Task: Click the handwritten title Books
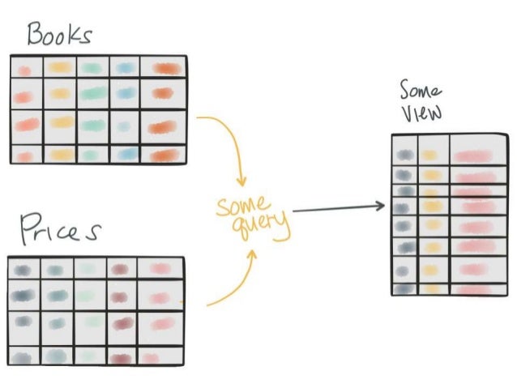tap(59, 34)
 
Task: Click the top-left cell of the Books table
tap(25, 70)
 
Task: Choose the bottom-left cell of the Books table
tap(25, 155)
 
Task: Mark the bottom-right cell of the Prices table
tap(160, 356)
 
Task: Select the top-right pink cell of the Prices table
tap(160, 268)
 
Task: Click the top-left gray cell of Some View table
tap(404, 151)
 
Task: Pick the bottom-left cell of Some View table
tap(404, 288)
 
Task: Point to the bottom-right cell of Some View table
tap(472, 288)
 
